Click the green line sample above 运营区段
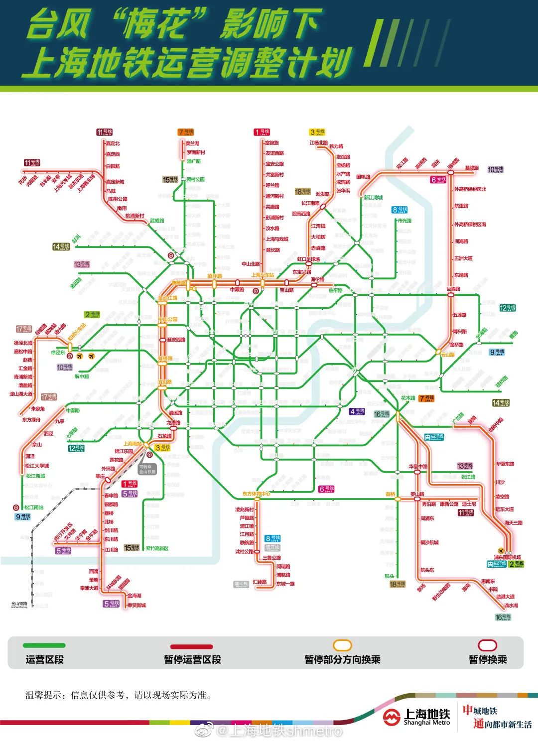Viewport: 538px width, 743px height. (x=44, y=645)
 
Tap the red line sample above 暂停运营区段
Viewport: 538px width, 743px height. (x=192, y=646)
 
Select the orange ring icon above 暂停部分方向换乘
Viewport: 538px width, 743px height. (x=342, y=646)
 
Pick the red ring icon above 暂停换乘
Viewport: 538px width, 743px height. (x=487, y=645)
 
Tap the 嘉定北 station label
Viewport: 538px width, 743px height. (x=113, y=143)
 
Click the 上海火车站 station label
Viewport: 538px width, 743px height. (x=263, y=275)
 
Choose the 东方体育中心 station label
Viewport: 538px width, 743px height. (x=256, y=494)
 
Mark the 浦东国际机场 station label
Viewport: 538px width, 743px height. (x=507, y=557)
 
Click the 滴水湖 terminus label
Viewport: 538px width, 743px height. (x=511, y=606)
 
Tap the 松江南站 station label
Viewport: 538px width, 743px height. (x=34, y=507)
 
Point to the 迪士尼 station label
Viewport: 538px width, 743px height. (x=469, y=504)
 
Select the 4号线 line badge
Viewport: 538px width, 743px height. (x=357, y=412)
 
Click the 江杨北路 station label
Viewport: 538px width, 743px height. (x=319, y=143)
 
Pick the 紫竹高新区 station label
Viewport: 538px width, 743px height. (x=157, y=548)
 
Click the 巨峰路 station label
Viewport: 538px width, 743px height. (x=453, y=289)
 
